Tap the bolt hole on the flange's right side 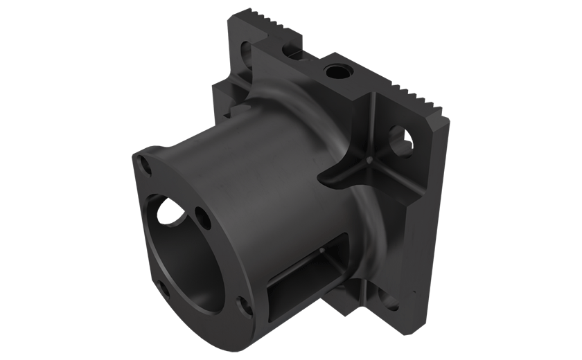point(202,220)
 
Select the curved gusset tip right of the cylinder point(333,179)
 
